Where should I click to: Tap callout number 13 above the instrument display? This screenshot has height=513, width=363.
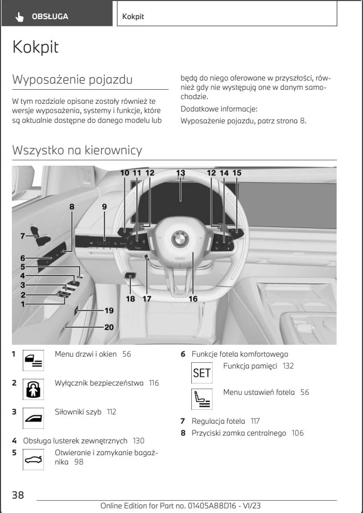pyautogui.click(x=180, y=173)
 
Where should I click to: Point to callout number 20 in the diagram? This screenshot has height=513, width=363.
pyautogui.click(x=109, y=326)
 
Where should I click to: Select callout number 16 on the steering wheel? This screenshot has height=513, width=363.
pyautogui.click(x=193, y=298)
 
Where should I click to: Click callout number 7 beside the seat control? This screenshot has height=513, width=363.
pyautogui.click(x=17, y=236)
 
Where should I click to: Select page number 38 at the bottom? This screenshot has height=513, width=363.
pyautogui.click(x=18, y=495)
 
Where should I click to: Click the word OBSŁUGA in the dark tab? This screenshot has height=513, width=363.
pyautogui.click(x=50, y=17)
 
